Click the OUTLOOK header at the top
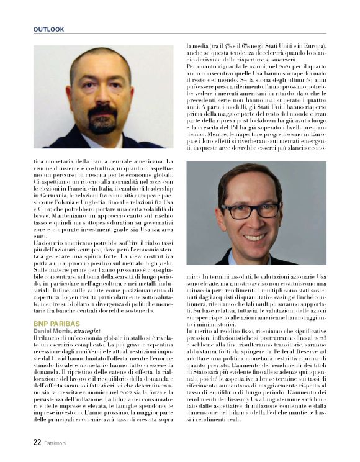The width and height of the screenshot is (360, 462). point(48,29)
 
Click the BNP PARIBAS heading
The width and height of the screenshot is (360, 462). point(56,324)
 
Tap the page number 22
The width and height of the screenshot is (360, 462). point(37,443)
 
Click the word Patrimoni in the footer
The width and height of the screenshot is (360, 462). point(59,443)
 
